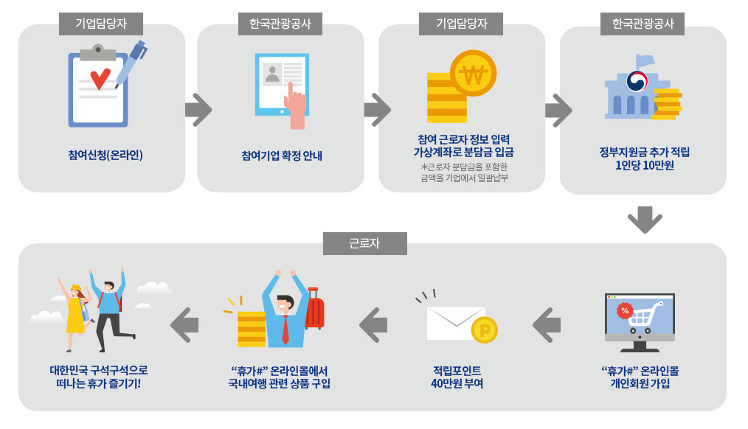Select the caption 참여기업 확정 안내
click(x=282, y=156)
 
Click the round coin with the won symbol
click(x=474, y=74)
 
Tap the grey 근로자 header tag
click(x=364, y=244)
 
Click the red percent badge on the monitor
click(x=626, y=310)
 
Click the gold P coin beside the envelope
click(x=485, y=331)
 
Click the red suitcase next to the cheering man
click(x=314, y=310)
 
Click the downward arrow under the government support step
click(x=645, y=220)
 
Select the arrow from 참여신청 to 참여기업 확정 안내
click(x=198, y=110)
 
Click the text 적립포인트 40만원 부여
click(x=457, y=377)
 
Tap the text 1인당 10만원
click(x=644, y=166)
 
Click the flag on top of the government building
click(x=645, y=59)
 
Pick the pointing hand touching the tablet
click(x=297, y=107)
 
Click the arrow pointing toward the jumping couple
click(x=184, y=324)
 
